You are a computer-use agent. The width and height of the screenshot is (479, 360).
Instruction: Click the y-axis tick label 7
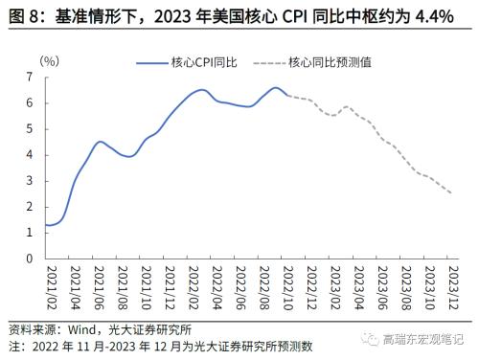click(x=31, y=76)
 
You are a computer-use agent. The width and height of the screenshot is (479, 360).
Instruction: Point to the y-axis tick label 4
click(x=31, y=154)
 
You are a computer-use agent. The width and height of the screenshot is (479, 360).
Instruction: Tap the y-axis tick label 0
click(x=31, y=258)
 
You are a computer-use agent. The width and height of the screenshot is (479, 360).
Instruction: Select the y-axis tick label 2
click(x=31, y=206)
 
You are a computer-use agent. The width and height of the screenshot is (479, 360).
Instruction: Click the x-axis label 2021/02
click(x=48, y=284)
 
